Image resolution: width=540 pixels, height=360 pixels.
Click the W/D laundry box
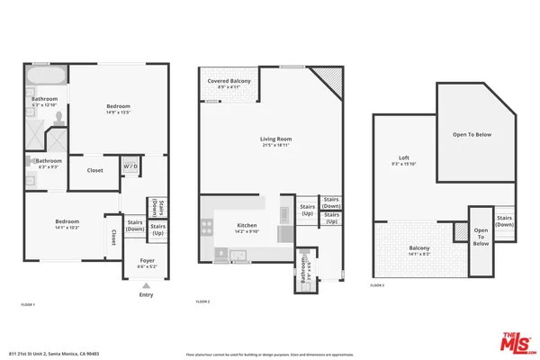130,166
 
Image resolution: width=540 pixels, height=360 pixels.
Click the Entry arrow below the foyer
146,285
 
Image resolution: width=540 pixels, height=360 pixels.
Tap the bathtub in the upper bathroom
46,74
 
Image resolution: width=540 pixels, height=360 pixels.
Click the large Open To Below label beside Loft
471,135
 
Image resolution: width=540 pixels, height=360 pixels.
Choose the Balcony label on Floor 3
419,250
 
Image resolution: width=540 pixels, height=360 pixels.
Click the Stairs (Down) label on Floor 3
504,220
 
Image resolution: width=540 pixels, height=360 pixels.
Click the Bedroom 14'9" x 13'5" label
119,109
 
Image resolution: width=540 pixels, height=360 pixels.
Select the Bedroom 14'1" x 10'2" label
67,224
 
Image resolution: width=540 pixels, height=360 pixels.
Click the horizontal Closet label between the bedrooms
94,170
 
